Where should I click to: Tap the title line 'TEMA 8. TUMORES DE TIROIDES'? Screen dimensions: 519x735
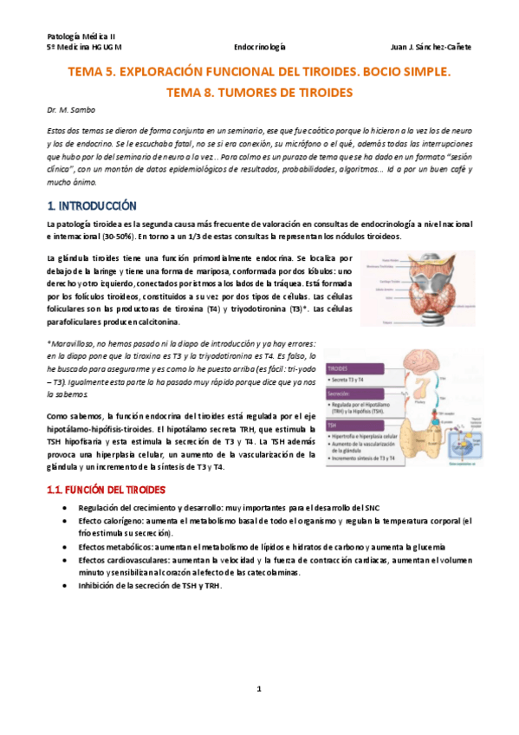(x=260, y=91)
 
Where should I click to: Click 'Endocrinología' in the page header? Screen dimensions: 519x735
(x=261, y=47)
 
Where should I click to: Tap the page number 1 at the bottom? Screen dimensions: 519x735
(x=259, y=689)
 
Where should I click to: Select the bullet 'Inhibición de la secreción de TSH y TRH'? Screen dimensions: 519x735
(x=149, y=586)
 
